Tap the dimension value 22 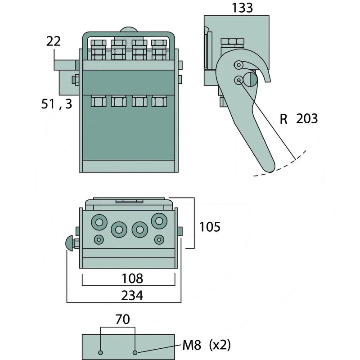(x=53, y=42)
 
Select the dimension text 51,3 (x=56, y=104)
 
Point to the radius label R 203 (x=298, y=119)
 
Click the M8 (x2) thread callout (x=207, y=346)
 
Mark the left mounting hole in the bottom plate (x=101, y=352)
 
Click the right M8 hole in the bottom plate (x=135, y=352)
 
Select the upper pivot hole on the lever (x=237, y=66)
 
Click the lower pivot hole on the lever (x=238, y=80)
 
